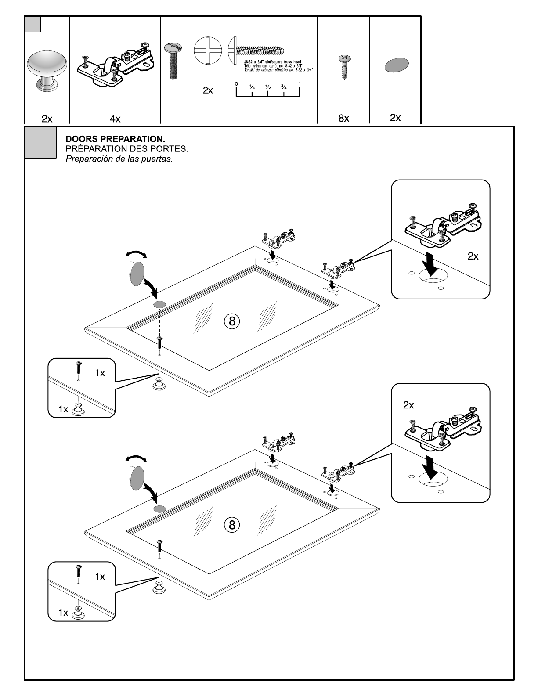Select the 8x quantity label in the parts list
(x=343, y=118)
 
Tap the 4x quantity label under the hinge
(x=115, y=119)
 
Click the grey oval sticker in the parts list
(x=396, y=65)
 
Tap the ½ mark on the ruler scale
(x=268, y=87)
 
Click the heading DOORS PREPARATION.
(x=115, y=139)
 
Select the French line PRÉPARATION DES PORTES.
(x=127, y=149)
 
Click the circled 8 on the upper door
(x=232, y=321)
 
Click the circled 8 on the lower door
(x=232, y=524)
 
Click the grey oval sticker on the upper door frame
(x=159, y=304)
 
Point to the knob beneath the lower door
(x=159, y=588)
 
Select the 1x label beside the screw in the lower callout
(x=100, y=577)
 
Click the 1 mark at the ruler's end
(x=299, y=84)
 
